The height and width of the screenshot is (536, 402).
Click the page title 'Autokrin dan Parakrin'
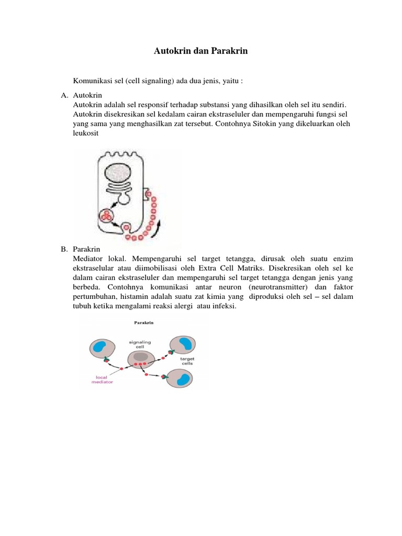point(200,51)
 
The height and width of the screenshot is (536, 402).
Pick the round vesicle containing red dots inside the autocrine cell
point(107,215)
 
